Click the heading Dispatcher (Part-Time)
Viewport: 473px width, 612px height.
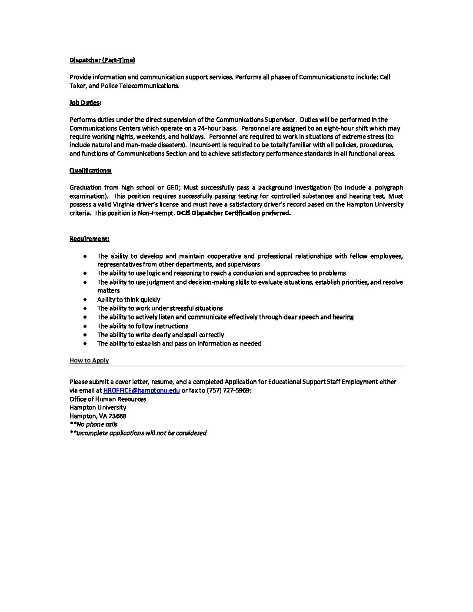pyautogui.click(x=102, y=60)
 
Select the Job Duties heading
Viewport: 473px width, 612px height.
pyautogui.click(x=86, y=103)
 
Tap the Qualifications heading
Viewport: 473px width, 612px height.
pyautogui.click(x=90, y=170)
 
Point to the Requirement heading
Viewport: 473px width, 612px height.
pyautogui.click(x=90, y=239)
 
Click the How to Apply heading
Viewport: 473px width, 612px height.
pyautogui.click(x=89, y=360)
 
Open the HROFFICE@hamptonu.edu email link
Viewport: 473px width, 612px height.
pyautogui.click(x=141, y=390)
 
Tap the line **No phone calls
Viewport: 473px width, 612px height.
pyautogui.click(x=93, y=424)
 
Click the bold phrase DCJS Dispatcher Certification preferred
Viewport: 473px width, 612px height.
pyautogui.click(x=234, y=213)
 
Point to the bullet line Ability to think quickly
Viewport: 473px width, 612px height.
pyautogui.click(x=129, y=299)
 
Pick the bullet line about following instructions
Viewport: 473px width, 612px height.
pyautogui.click(x=143, y=326)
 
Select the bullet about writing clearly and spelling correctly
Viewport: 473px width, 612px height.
pyautogui.click(x=160, y=335)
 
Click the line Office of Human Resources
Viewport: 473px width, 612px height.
pyautogui.click(x=108, y=399)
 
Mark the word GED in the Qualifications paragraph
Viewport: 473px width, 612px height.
pyautogui.click(x=173, y=187)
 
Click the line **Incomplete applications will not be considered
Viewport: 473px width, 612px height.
pyautogui.click(x=138, y=433)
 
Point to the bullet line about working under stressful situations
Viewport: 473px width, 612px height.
pyautogui.click(x=160, y=308)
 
